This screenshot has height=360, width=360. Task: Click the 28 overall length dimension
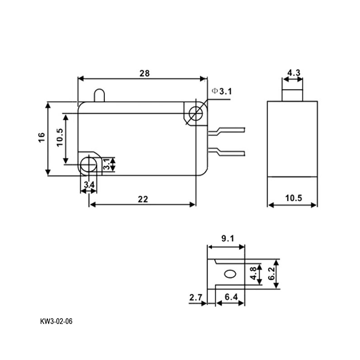click(x=144, y=73)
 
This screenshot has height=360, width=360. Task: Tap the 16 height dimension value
click(x=41, y=138)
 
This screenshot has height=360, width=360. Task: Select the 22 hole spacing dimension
click(x=143, y=199)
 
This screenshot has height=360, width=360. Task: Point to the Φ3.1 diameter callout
click(x=222, y=91)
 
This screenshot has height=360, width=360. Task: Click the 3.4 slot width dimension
click(x=89, y=184)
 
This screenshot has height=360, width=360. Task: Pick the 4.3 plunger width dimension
click(x=294, y=73)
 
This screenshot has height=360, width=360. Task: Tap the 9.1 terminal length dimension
click(x=228, y=238)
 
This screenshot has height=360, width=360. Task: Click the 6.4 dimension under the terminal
click(x=231, y=297)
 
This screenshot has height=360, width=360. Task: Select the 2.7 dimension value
click(x=196, y=297)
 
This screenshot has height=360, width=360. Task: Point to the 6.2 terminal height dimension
click(x=271, y=274)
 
